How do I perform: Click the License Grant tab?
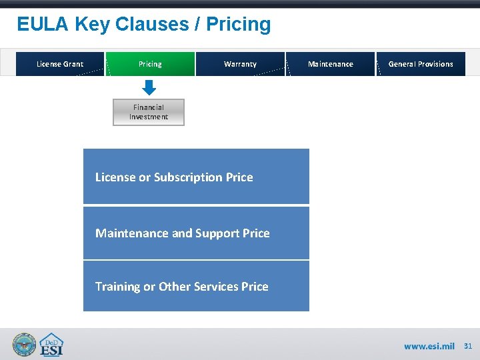tap(60, 64)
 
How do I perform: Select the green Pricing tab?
tap(150, 64)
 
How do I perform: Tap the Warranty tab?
tap(240, 64)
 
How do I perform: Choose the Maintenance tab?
tap(331, 64)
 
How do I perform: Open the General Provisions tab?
tap(421, 64)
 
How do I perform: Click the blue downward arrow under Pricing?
tap(149, 87)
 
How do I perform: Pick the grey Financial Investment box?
tap(149, 112)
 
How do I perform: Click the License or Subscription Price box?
tap(196, 177)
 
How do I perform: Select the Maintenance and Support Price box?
tap(196, 233)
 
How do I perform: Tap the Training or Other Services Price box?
tap(196, 286)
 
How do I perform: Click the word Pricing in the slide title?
tap(239, 25)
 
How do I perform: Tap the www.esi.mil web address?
tap(429, 347)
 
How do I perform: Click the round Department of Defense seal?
tap(25, 345)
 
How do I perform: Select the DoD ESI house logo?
tap(51, 345)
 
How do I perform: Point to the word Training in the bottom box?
tap(117, 287)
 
